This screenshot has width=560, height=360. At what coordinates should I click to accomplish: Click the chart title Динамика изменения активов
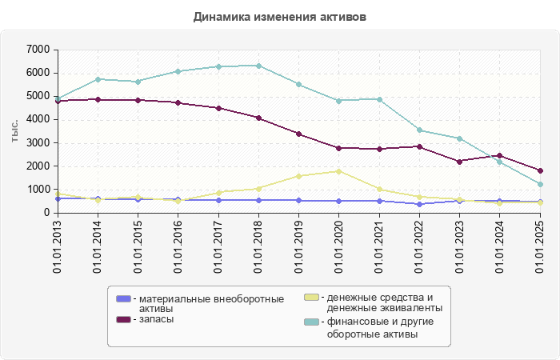coord(280,17)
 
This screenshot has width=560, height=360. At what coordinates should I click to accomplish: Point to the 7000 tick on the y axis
coord(39,50)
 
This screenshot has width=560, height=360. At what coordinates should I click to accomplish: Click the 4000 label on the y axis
coord(39,119)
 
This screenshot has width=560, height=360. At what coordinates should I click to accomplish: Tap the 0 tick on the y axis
coord(46,213)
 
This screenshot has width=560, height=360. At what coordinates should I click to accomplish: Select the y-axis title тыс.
coord(14,131)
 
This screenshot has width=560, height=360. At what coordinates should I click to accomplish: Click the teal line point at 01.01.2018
coord(258,66)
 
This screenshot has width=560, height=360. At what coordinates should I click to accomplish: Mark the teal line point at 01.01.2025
coord(540,184)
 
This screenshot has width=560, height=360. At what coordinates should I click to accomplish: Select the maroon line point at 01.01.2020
coord(338,148)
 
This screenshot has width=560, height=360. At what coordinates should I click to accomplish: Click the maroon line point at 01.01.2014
coord(98,100)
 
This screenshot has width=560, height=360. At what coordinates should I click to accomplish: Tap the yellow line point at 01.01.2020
coord(338,171)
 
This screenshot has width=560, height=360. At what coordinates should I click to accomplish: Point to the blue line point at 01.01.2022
coord(419,204)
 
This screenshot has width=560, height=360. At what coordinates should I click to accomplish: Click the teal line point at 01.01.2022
coord(419,130)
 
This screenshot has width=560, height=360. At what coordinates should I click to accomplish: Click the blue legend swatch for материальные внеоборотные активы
coord(123,298)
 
